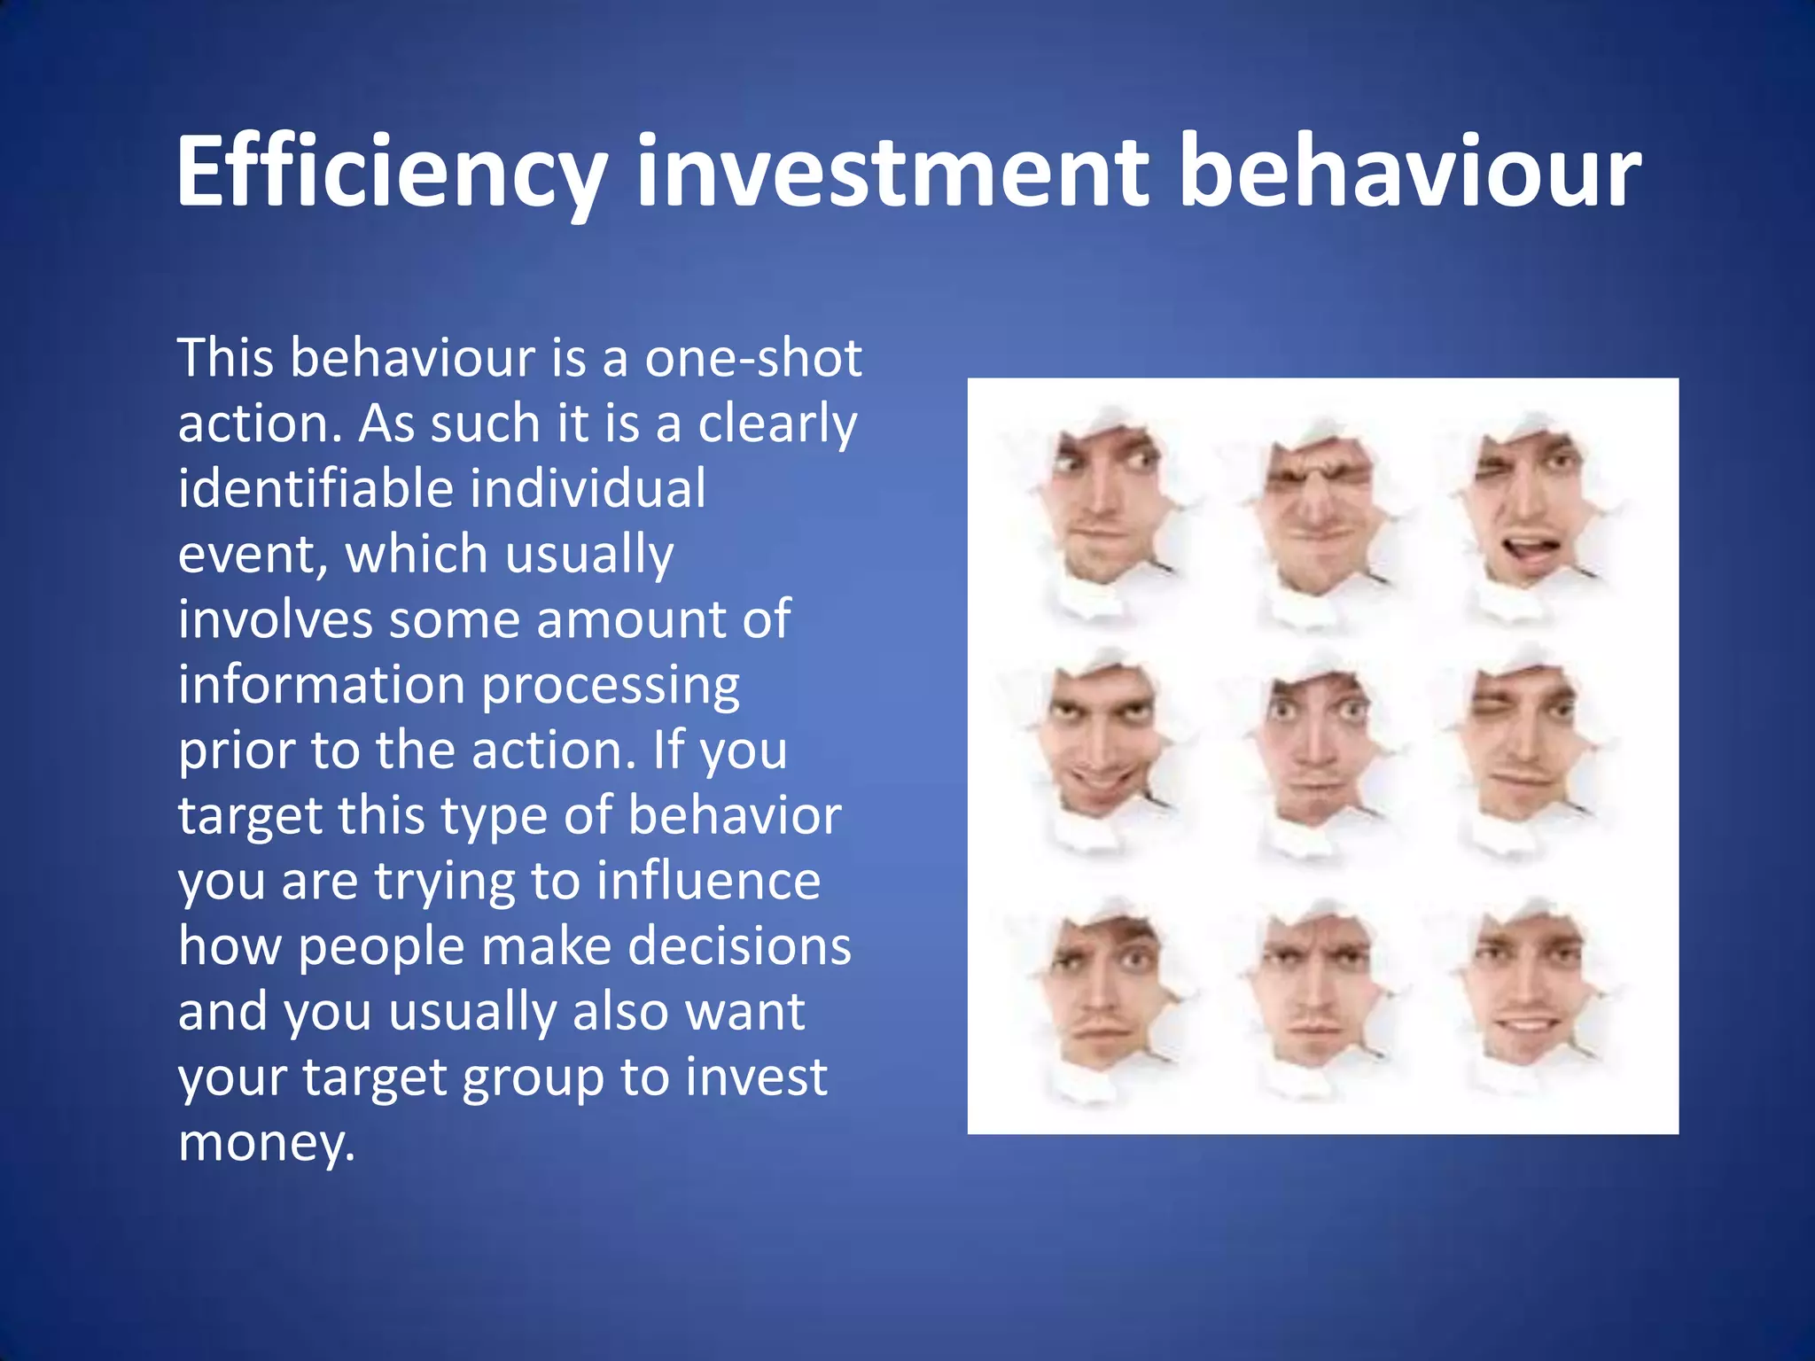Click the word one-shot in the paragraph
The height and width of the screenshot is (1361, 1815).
tap(752, 359)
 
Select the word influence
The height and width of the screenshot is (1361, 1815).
tap(708, 882)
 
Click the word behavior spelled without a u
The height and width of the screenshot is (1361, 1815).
tap(735, 816)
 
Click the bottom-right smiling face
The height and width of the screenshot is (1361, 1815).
tap(1524, 992)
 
